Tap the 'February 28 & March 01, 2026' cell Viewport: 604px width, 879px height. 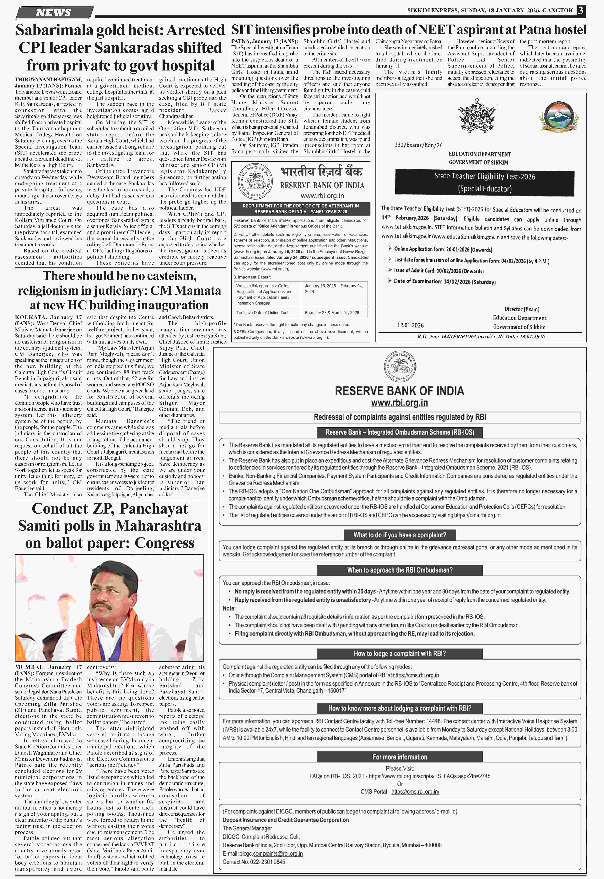[x=332, y=313]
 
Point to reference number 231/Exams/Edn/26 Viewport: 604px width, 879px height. [x=418, y=145]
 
